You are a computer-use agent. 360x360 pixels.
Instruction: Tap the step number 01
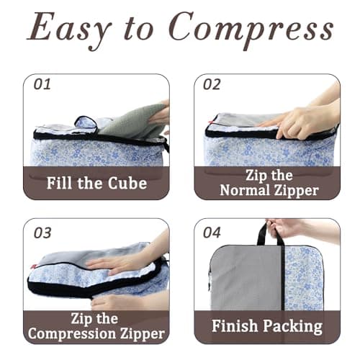pyautogui.click(x=42, y=85)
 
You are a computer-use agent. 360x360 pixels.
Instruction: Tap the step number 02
pyautogui.click(x=212, y=85)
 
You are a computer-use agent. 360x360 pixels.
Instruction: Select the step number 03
pyautogui.click(x=43, y=232)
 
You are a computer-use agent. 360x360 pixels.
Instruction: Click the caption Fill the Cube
pyautogui.click(x=96, y=182)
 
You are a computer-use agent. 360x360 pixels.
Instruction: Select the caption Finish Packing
pyautogui.click(x=266, y=326)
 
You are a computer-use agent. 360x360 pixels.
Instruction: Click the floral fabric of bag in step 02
pyautogui.click(x=266, y=151)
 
